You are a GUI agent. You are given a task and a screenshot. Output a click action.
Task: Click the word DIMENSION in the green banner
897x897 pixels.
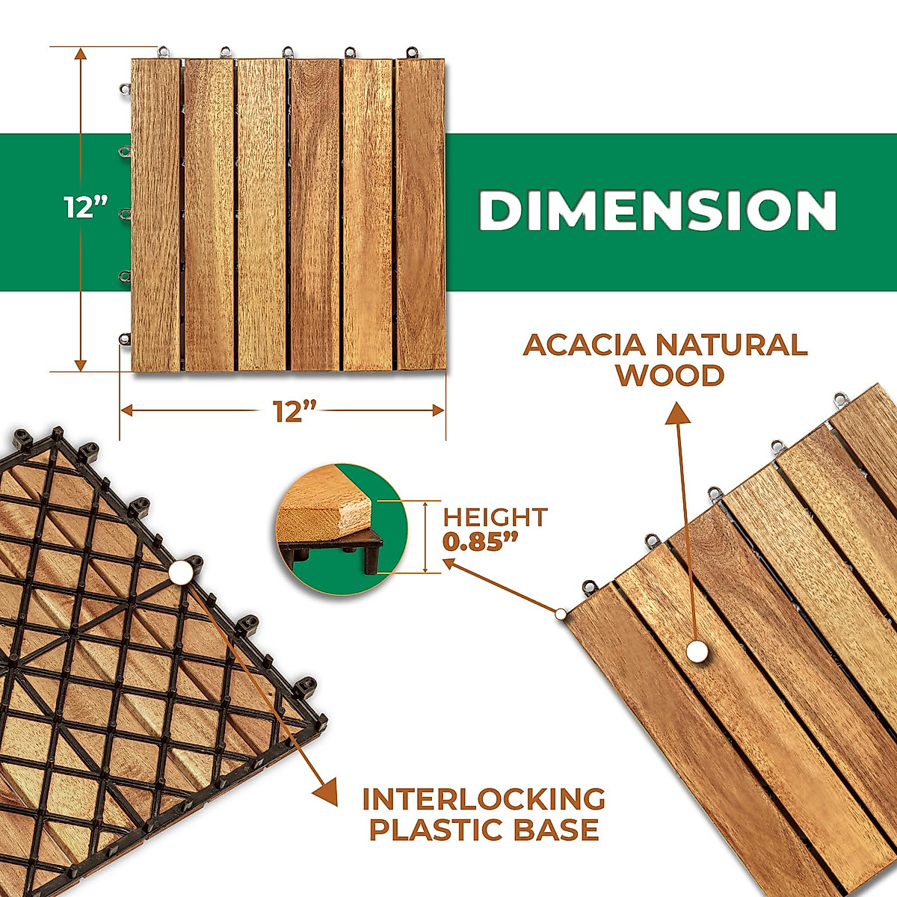point(657,211)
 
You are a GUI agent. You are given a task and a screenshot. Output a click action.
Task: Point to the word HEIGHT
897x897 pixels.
point(495,517)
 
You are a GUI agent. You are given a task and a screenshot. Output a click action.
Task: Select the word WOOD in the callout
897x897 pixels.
point(670,375)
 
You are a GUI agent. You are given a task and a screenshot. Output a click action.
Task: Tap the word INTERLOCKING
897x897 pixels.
point(484,799)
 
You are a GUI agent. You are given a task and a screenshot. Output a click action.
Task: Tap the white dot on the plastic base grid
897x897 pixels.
point(181,573)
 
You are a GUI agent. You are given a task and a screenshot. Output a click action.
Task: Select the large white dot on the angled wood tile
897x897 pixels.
point(698,652)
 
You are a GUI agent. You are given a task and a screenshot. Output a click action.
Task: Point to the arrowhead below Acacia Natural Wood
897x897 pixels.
point(677,413)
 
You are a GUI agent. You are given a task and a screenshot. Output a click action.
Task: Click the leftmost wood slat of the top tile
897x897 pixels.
point(155,215)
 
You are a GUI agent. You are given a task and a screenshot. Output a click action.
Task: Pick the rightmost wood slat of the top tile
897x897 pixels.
point(420,215)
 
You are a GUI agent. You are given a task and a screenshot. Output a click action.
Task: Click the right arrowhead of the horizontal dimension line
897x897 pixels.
point(438,410)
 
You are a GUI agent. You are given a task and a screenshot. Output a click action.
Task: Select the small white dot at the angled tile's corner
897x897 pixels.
point(561,614)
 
